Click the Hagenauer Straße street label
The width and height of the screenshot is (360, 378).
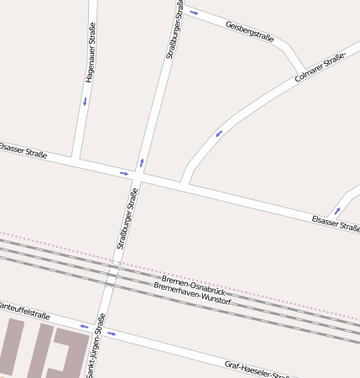pyautogui.click(x=90, y=52)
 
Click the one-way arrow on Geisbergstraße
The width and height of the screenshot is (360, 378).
pyautogui.click(x=194, y=13)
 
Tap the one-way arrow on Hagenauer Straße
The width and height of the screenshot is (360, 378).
pyautogui.click(x=85, y=102)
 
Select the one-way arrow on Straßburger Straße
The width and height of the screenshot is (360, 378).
pyautogui.click(x=141, y=162)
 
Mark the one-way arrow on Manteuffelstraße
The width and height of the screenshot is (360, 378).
pyautogui.click(x=84, y=326)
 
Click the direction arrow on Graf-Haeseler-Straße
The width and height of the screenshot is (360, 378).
pyautogui.click(x=112, y=333)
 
